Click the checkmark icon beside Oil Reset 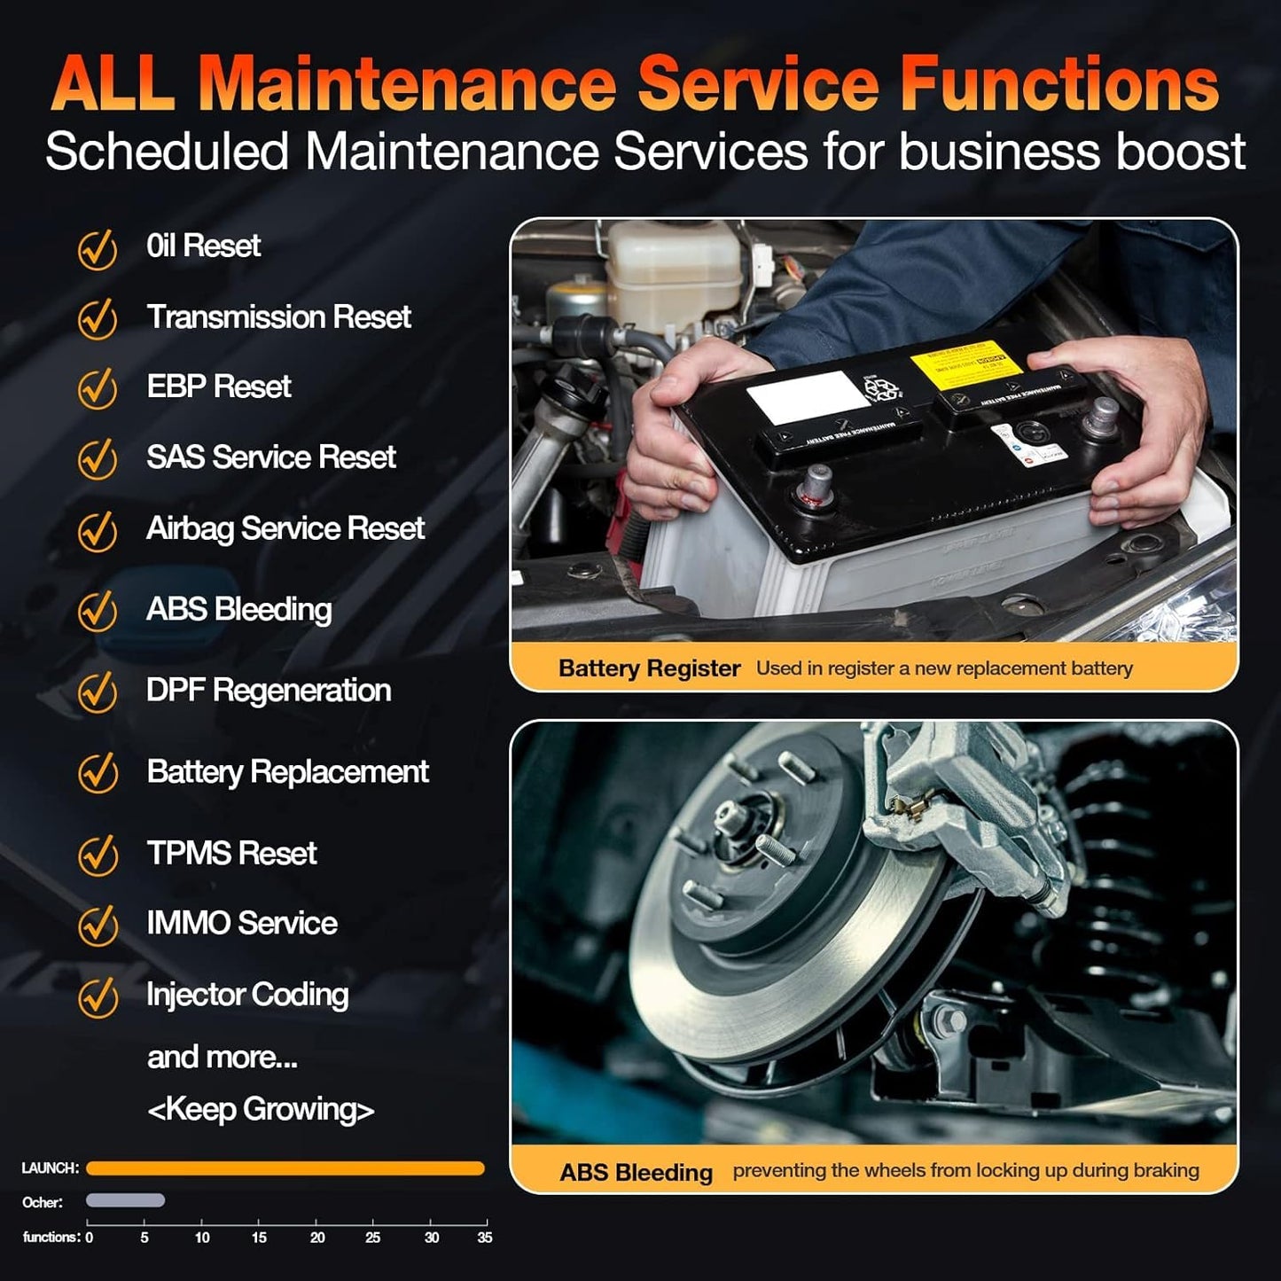[x=98, y=249]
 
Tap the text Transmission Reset [x=278, y=316]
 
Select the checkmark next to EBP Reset [x=98, y=388]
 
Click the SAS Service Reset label [x=270, y=457]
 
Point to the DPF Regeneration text [x=268, y=691]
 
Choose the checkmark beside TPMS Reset [x=98, y=855]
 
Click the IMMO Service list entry [x=241, y=923]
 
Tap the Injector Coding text [x=247, y=995]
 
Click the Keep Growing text [x=261, y=1109]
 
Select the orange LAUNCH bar [x=285, y=1168]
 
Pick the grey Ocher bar [x=125, y=1200]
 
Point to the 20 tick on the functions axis [x=317, y=1238]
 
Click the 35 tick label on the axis [x=484, y=1238]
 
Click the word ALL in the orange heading [x=113, y=84]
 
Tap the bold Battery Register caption [x=649, y=668]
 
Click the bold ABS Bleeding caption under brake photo [x=636, y=1172]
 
